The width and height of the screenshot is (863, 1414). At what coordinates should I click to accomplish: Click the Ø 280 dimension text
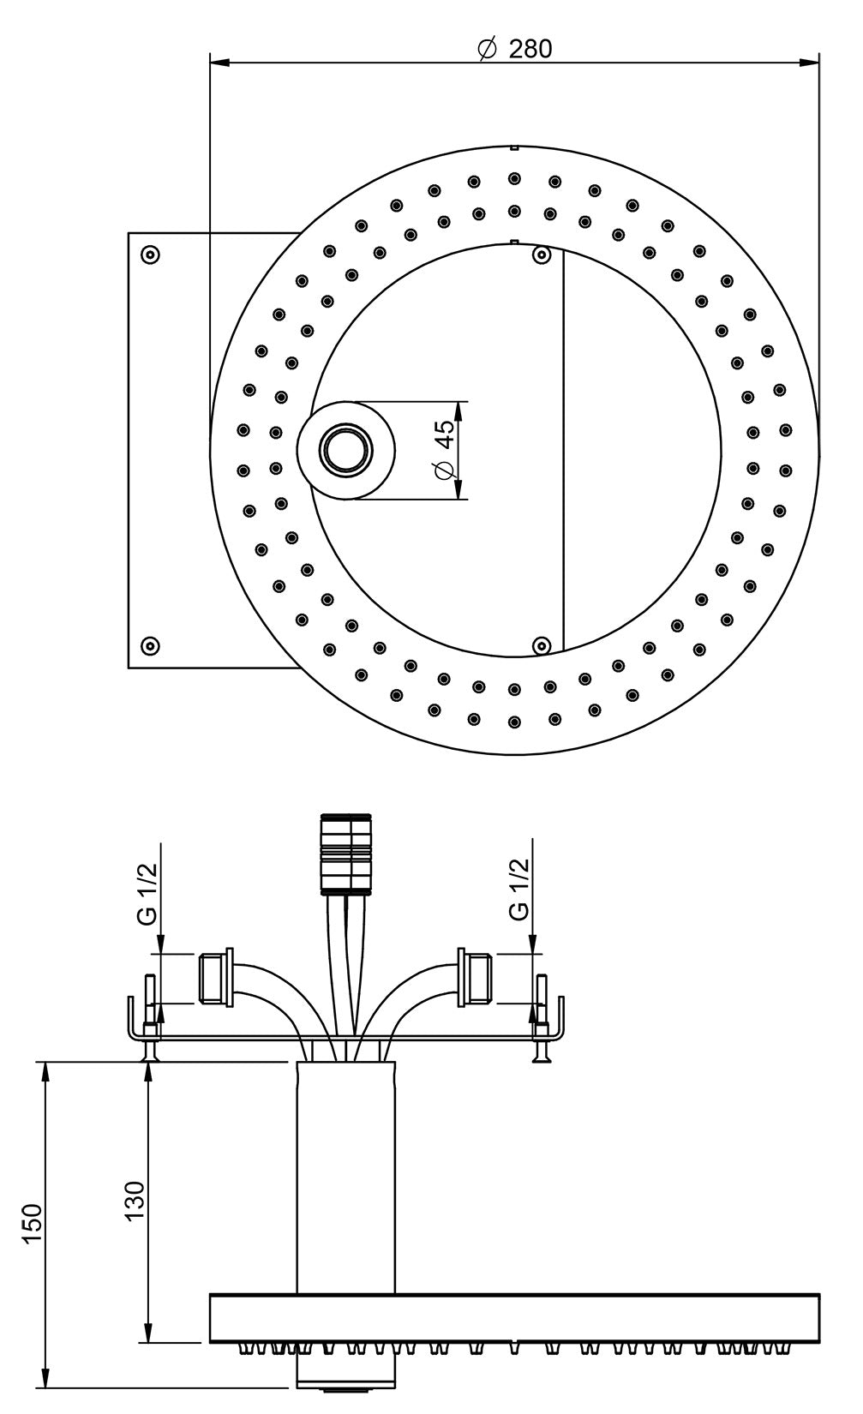[x=515, y=49]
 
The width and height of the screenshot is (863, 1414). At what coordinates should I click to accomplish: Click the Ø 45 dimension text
[x=444, y=451]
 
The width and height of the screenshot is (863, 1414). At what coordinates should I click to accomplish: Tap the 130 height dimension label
[x=135, y=1199]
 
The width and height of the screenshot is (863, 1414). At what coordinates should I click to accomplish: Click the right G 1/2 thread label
[x=519, y=890]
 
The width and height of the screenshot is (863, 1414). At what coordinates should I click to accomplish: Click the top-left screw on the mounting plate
[x=150, y=255]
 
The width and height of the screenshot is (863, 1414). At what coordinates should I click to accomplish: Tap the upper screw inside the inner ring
[x=541, y=255]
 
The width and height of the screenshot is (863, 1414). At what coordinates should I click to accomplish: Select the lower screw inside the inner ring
[x=541, y=645]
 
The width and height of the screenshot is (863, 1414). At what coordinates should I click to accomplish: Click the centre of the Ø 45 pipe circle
[x=346, y=450]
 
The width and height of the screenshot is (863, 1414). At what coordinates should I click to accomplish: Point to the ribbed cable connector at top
[x=347, y=854]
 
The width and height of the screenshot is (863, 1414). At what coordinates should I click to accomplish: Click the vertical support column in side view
[x=346, y=1174]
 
